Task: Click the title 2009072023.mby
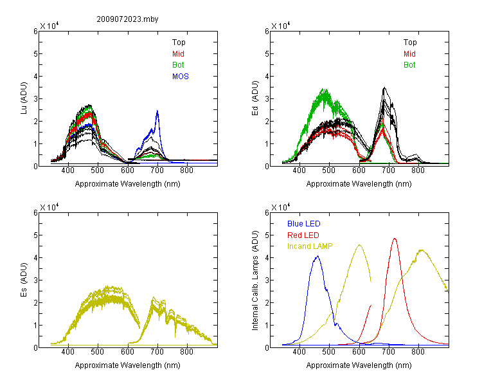127,19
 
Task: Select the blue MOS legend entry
181,77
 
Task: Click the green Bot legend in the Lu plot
178,65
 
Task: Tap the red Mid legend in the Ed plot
409,54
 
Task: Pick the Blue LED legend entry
304,224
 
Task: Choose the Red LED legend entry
303,235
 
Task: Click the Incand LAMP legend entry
310,246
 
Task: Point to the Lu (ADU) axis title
24,98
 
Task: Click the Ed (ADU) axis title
255,98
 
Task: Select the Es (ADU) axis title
24,280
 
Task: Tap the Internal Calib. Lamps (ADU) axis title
255,280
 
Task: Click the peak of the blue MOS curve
157,111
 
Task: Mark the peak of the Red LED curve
395,238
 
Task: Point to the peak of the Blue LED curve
317,256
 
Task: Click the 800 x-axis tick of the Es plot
186,352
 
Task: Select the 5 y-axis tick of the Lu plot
35,54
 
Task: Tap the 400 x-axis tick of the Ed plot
299,170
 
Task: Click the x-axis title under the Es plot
128,365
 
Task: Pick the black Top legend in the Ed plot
410,42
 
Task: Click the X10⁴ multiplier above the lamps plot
281,207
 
